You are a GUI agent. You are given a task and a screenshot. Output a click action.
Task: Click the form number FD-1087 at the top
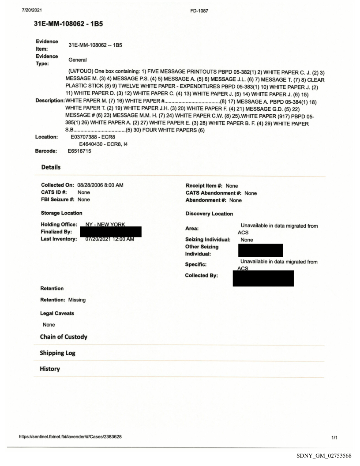pyautogui.click(x=180, y=7)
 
